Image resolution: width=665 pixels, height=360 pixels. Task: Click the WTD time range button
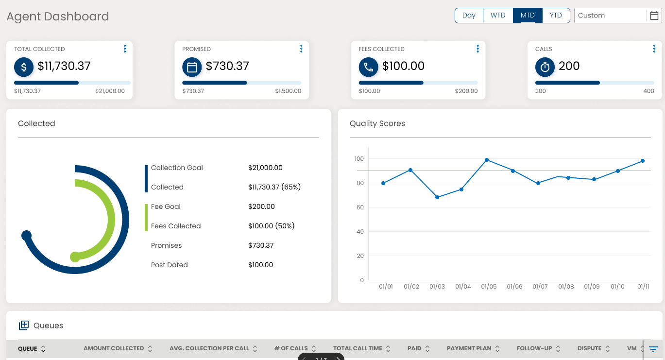(x=498, y=16)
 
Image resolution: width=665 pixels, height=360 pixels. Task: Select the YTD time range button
(x=556, y=16)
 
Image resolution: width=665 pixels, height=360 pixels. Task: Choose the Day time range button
(x=469, y=16)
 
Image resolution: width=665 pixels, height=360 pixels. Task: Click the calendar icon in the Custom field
(x=654, y=16)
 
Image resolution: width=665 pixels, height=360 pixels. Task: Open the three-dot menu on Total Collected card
(x=125, y=49)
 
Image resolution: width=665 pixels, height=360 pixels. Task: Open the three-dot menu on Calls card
(x=654, y=49)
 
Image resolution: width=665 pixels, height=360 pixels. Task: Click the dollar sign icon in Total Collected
(x=24, y=67)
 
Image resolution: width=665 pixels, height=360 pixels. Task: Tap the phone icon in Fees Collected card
(x=368, y=67)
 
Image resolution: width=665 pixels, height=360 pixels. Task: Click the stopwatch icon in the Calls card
(x=545, y=67)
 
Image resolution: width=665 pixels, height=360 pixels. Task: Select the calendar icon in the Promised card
(x=192, y=67)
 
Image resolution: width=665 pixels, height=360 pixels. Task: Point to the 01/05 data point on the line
(x=487, y=160)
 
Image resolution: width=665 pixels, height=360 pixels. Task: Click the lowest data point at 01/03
(x=437, y=197)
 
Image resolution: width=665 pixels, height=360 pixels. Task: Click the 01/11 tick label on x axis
(x=643, y=287)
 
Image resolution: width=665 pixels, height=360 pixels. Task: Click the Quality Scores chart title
(x=377, y=123)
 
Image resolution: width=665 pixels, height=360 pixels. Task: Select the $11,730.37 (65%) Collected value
(x=274, y=187)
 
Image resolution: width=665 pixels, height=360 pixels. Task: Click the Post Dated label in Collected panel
(x=169, y=265)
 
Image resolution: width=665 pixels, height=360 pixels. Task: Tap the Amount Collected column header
(x=114, y=348)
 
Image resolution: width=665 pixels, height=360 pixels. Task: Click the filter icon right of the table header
(x=653, y=349)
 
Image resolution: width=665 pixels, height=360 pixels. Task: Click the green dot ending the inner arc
(x=75, y=257)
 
